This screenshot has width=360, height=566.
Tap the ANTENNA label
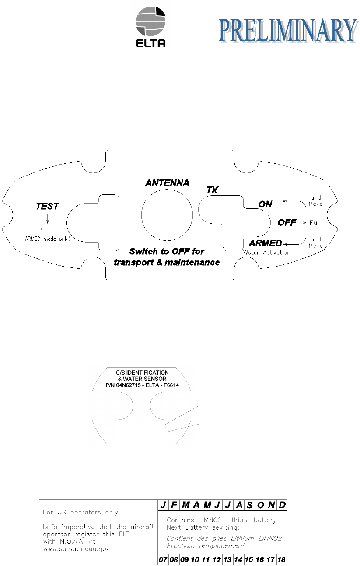[167, 183]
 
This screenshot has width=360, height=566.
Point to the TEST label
[48, 206]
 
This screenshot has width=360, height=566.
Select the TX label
[213, 190]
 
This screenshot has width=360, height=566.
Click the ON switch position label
[265, 204]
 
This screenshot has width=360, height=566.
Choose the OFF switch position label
[287, 222]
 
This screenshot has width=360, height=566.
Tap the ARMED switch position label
[265, 243]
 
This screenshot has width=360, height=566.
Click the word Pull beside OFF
[315, 222]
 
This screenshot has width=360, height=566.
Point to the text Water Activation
[266, 253]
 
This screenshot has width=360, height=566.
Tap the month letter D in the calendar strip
[282, 505]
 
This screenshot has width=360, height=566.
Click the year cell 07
[163, 560]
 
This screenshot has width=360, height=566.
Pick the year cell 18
[282, 560]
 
